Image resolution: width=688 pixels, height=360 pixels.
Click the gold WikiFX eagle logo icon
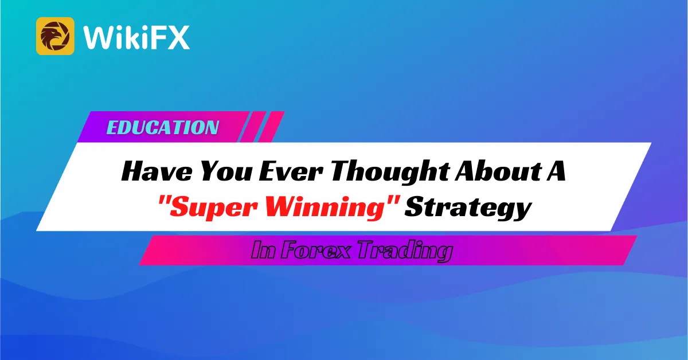click(55, 36)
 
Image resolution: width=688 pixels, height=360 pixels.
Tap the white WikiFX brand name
click(136, 37)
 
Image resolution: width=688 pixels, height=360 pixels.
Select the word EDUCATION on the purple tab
click(162, 127)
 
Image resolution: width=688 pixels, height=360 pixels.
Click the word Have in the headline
click(157, 171)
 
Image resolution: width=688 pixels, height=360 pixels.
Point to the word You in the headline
click(226, 171)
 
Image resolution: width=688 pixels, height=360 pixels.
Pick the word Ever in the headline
click(291, 171)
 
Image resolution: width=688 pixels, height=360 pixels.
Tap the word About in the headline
click(498, 170)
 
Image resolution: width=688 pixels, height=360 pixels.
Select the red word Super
click(213, 208)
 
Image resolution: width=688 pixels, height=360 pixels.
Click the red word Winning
click(325, 208)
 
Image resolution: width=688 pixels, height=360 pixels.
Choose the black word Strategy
click(468, 208)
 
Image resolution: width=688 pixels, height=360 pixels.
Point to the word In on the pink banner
click(263, 250)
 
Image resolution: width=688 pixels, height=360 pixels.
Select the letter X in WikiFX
click(178, 37)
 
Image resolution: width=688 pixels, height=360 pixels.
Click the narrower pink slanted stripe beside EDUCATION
click(253, 127)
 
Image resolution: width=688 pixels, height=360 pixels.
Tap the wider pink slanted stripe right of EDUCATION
click(271, 127)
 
